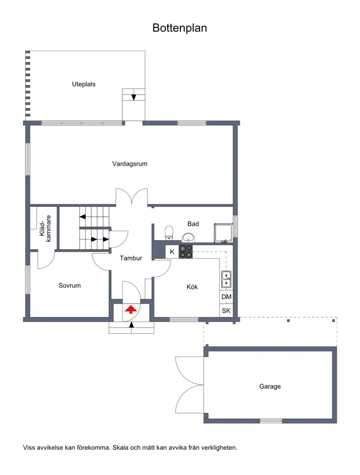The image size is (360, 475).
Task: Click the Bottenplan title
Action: click(x=180, y=28)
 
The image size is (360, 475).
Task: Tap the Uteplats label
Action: click(x=84, y=84)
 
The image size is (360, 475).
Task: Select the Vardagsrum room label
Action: click(x=130, y=164)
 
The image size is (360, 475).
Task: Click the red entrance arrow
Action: click(x=130, y=309)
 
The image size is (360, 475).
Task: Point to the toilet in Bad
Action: click(x=169, y=233)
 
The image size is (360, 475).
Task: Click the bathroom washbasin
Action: click(x=189, y=237)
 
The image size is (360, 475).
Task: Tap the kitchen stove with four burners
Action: click(x=186, y=252)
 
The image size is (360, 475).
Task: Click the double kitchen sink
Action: click(x=226, y=279)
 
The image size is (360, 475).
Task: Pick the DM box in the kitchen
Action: click(x=226, y=297)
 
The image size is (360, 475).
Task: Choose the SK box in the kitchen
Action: click(x=226, y=310)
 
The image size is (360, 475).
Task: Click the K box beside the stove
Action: click(x=172, y=252)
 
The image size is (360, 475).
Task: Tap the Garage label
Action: click(x=270, y=386)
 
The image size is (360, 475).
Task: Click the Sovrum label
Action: click(x=70, y=286)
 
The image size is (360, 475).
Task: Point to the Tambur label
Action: click(x=131, y=258)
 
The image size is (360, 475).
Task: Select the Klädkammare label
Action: click(x=45, y=229)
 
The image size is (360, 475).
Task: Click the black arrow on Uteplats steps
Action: click(x=134, y=98)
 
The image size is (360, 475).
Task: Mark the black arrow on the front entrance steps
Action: click(x=131, y=325)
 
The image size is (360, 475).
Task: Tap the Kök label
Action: click(x=192, y=287)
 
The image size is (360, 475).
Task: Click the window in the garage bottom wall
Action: click(x=271, y=421)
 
